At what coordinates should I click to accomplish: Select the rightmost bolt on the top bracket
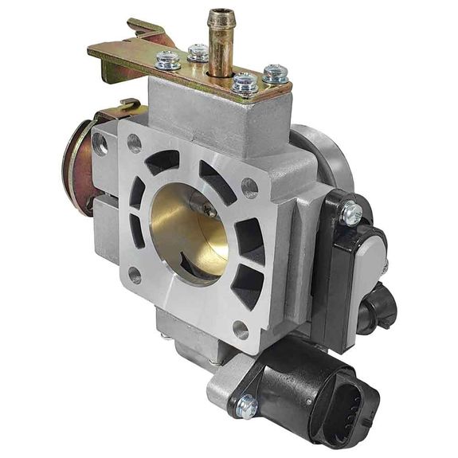point(276,74)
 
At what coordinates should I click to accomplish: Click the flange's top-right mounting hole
point(249,188)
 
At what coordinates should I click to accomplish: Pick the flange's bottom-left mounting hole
point(135,276)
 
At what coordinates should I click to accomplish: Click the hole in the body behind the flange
point(100,143)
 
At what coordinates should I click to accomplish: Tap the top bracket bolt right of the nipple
point(245,82)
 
